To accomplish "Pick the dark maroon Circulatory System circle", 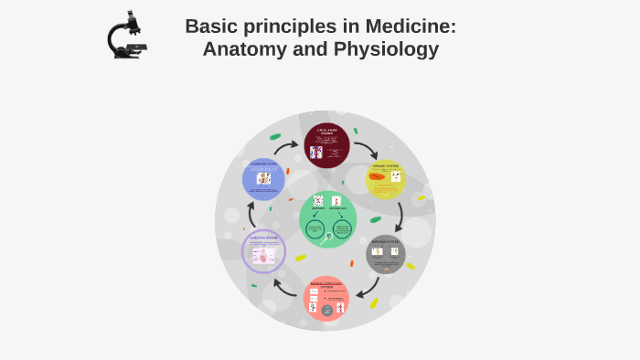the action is [326, 145].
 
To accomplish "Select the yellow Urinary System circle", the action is [385, 179].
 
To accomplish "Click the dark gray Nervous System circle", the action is [385, 255].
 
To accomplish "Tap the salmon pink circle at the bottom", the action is [326, 299].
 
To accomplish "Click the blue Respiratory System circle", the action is [263, 179].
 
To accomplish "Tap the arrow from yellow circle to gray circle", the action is [400, 217].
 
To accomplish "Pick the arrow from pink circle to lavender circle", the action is [286, 291].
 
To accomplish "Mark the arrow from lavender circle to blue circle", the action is [251, 215].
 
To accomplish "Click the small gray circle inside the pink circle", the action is [326, 311].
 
